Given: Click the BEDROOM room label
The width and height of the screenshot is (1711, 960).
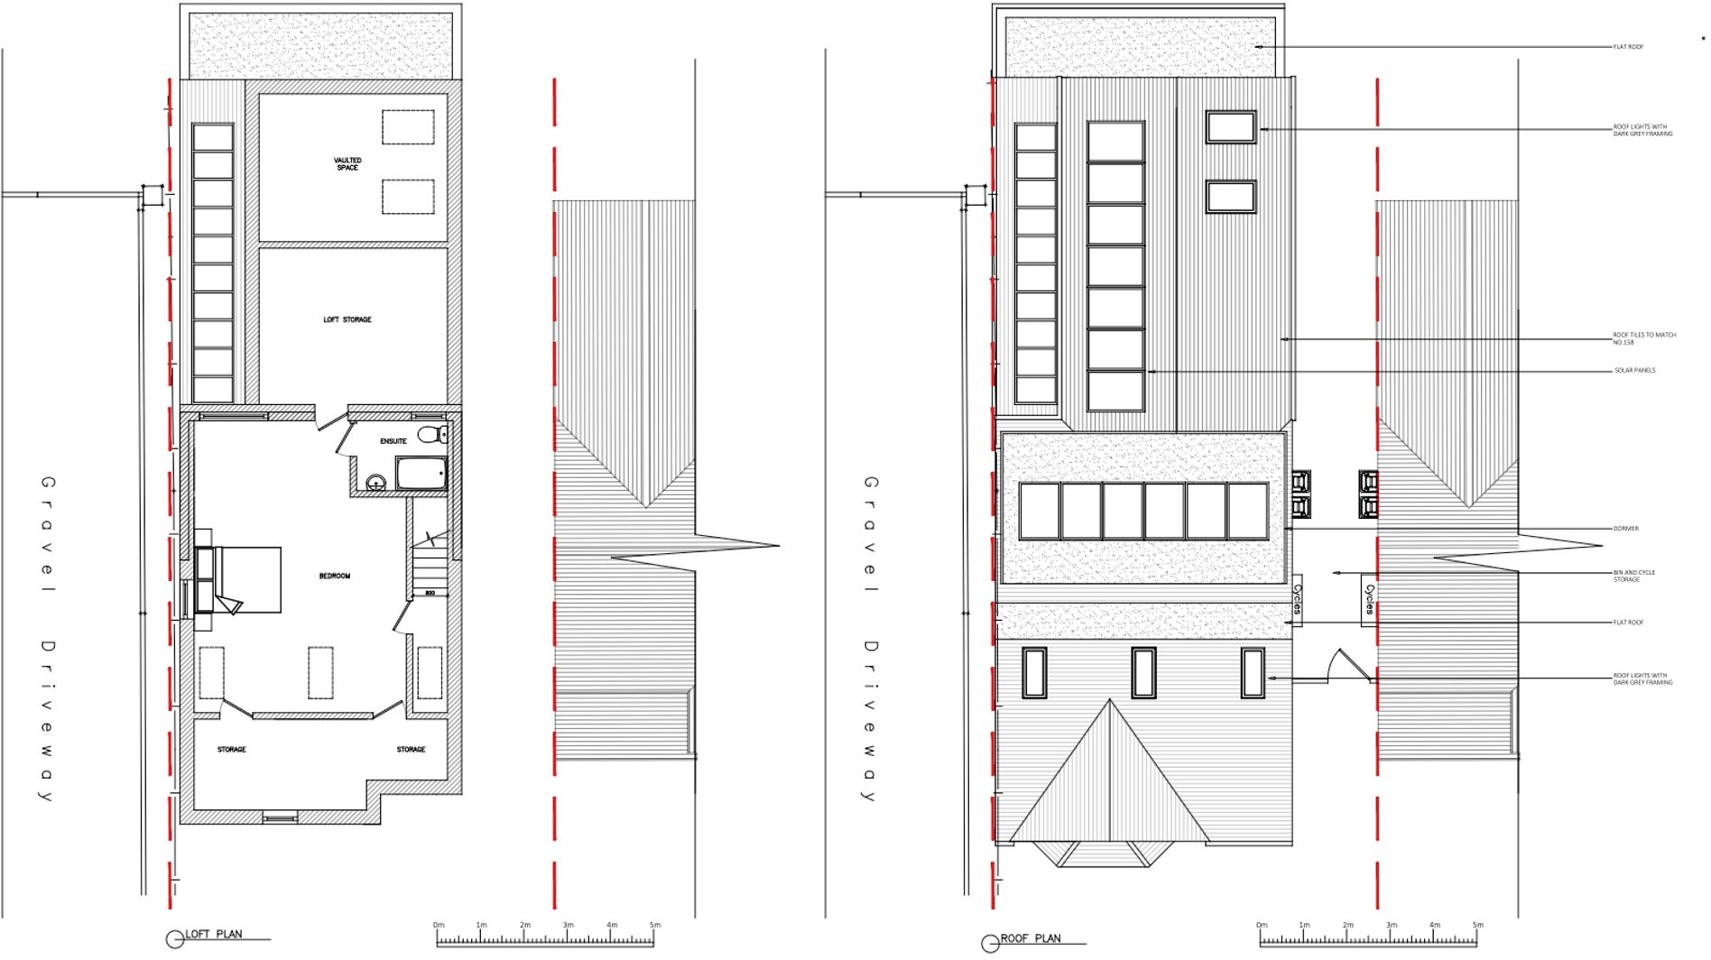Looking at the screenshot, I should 334,576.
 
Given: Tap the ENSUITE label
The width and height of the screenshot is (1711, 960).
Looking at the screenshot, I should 393,441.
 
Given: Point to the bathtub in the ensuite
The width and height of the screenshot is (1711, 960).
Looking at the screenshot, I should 421,473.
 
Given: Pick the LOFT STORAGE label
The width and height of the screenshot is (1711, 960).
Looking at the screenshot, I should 347,319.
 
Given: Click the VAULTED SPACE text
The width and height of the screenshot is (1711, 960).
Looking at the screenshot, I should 347,164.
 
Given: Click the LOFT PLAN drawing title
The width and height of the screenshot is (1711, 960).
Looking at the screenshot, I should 214,935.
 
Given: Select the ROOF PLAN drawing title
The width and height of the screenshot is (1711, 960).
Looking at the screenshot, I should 1031,938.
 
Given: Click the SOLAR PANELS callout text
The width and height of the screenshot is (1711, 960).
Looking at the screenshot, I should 1634,370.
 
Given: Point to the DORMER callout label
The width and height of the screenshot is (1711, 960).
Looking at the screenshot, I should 1625,529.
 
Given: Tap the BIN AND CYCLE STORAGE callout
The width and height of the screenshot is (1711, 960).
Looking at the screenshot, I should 1633,576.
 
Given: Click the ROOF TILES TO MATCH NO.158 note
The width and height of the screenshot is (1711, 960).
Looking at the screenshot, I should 1643,338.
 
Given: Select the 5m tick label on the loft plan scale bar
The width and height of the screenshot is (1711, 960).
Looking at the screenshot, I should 655,925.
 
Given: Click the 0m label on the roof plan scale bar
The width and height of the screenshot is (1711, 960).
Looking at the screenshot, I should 1261,925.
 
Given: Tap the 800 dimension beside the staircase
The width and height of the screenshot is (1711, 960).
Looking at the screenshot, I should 430,593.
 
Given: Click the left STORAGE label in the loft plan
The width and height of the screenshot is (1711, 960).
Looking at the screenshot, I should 231,750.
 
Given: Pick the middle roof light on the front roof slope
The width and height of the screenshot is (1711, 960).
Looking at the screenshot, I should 1143,673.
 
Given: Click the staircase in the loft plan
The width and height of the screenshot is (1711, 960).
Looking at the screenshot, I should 430,564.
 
